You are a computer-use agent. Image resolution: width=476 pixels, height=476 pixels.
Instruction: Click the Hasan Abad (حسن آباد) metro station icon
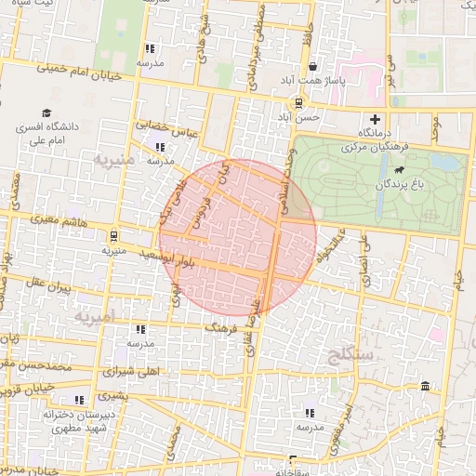(297, 102)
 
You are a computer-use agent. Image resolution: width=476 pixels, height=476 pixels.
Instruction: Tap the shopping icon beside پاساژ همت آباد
(311, 67)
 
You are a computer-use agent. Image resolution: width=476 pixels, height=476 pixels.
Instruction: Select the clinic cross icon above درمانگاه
(375, 119)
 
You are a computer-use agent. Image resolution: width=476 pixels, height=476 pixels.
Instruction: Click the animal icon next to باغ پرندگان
(399, 170)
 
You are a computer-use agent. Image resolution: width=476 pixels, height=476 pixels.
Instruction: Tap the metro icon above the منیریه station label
(112, 235)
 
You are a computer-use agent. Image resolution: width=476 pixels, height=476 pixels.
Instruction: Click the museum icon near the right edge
(425, 386)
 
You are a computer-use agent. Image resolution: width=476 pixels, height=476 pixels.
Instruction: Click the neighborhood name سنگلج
(350, 354)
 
